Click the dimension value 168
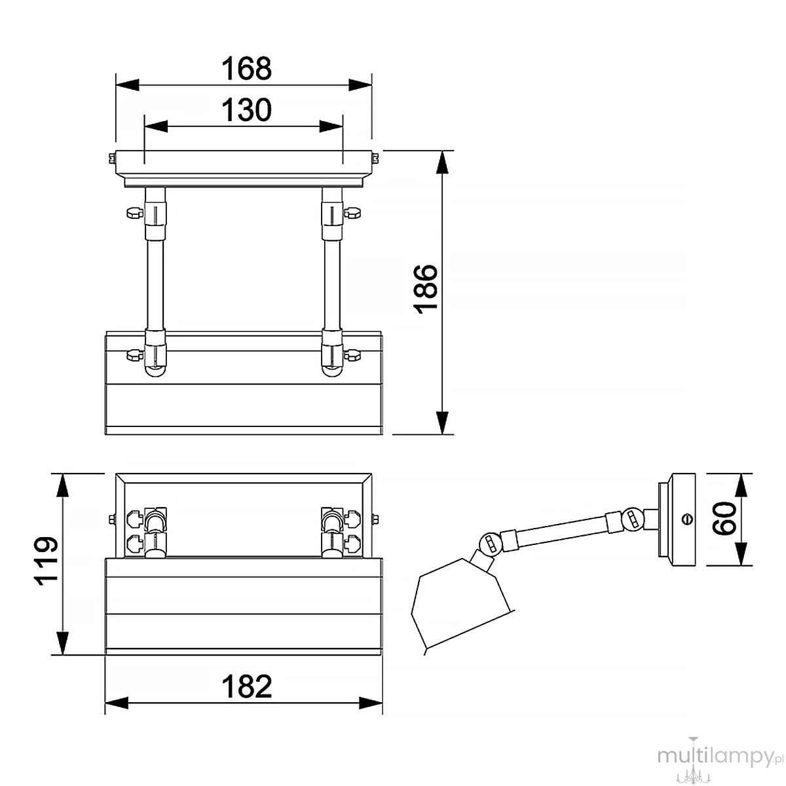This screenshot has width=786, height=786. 246,69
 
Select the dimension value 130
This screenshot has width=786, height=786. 246,110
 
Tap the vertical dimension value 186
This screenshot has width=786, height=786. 426,290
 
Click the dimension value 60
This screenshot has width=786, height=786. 725,518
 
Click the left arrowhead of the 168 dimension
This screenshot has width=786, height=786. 128,85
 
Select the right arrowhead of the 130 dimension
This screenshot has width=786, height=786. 331,126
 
